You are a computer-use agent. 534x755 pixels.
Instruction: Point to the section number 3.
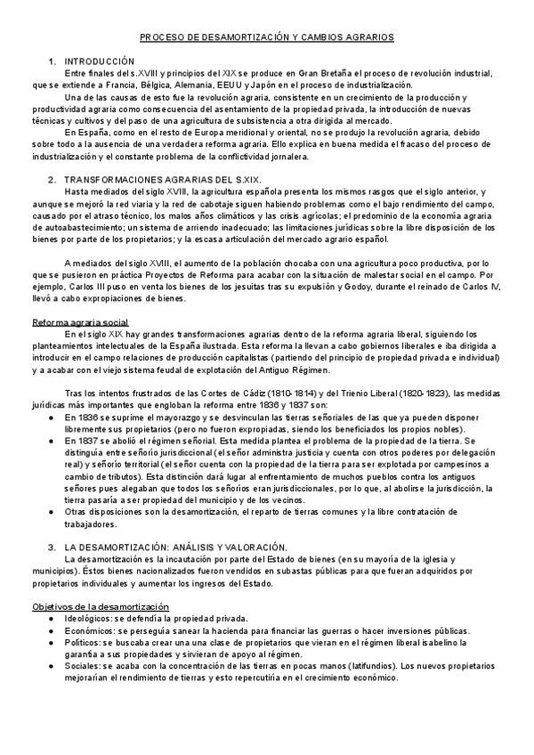coord(53,545)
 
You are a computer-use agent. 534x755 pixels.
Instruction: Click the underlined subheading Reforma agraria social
coord(80,321)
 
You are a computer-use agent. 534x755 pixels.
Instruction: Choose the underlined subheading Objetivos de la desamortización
coord(100,605)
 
